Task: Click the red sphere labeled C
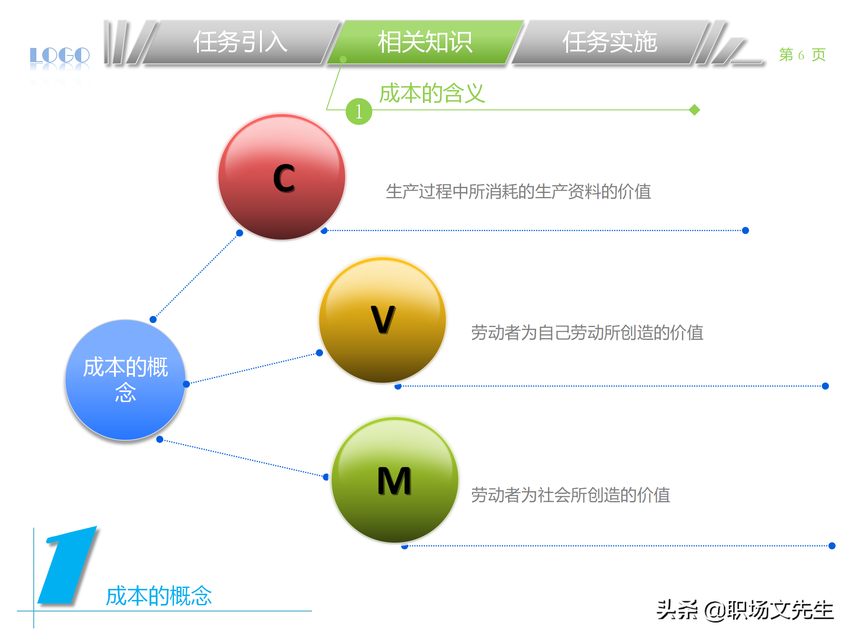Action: pyautogui.click(x=282, y=177)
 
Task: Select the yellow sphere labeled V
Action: pyautogui.click(x=383, y=320)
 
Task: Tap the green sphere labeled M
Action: pyautogui.click(x=394, y=480)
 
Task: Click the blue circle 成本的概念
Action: pyautogui.click(x=125, y=380)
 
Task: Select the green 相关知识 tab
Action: pyautogui.click(x=425, y=43)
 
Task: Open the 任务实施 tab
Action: pyautogui.click(x=610, y=43)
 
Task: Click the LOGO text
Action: pyautogui.click(x=59, y=56)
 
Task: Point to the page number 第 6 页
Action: pyautogui.click(x=802, y=55)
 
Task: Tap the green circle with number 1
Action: pyautogui.click(x=359, y=111)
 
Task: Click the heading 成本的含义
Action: pyautogui.click(x=432, y=93)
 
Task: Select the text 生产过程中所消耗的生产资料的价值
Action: pyautogui.click(x=518, y=192)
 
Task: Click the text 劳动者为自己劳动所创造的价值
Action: pyautogui.click(x=587, y=332)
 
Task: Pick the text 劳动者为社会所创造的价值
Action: pyautogui.click(x=570, y=495)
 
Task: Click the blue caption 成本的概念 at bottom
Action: pyautogui.click(x=159, y=596)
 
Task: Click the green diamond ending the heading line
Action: pyautogui.click(x=694, y=110)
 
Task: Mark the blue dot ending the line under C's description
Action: pyautogui.click(x=745, y=230)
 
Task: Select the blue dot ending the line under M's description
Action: pyautogui.click(x=832, y=546)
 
